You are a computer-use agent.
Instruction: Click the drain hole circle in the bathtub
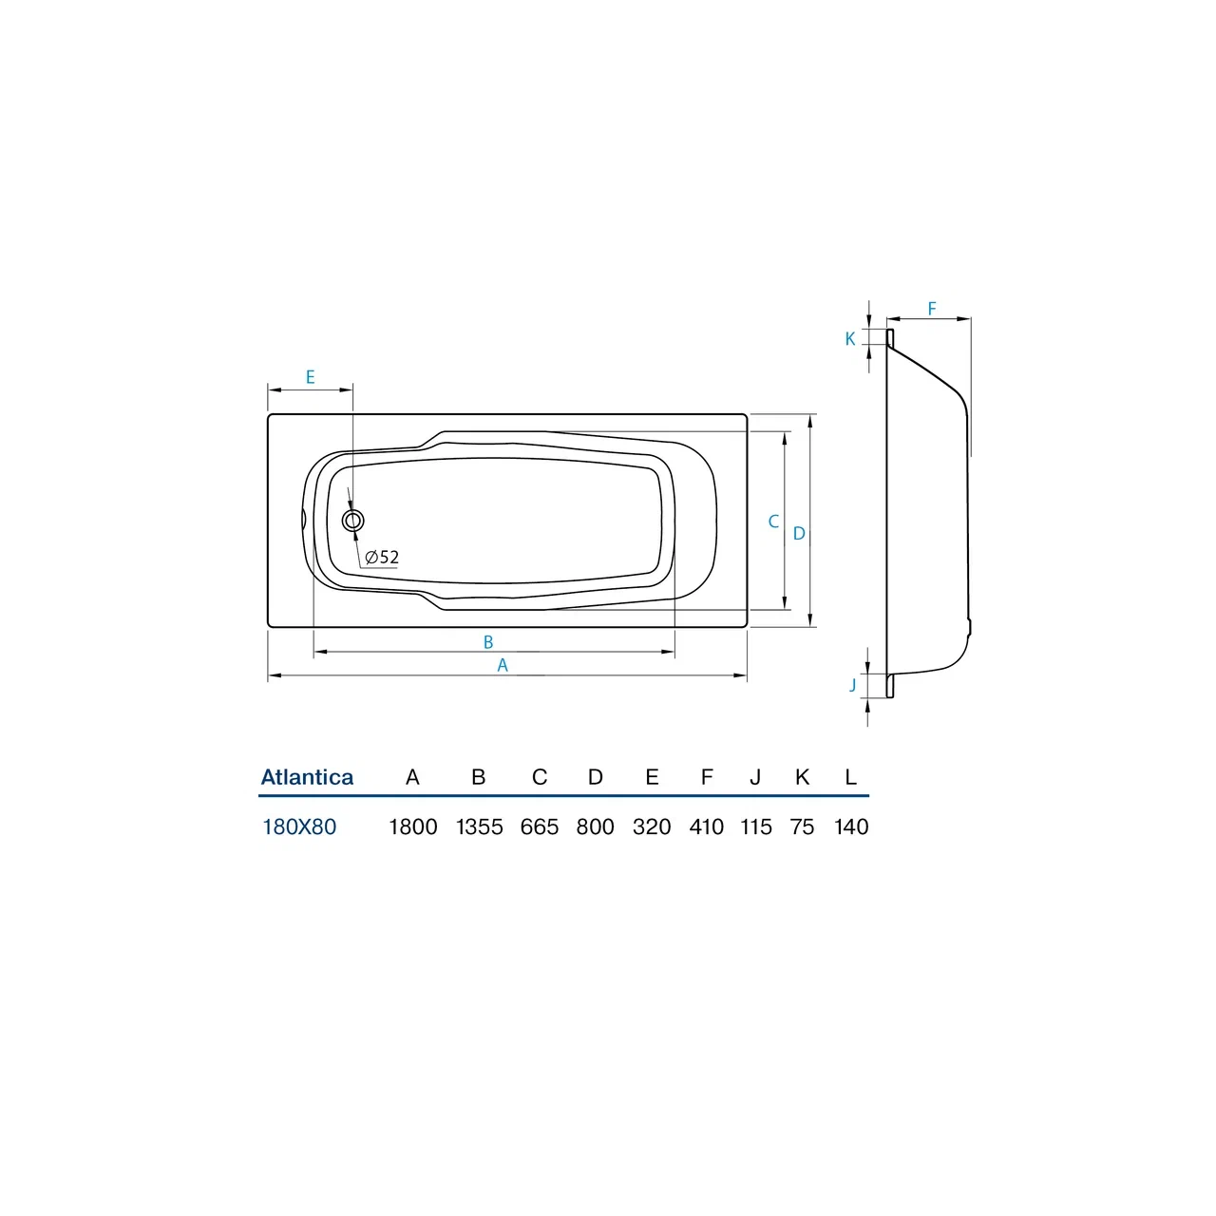(x=353, y=520)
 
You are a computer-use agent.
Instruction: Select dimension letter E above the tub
(x=310, y=377)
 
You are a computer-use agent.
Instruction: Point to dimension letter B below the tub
(x=488, y=642)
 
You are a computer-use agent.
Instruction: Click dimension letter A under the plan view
(x=503, y=666)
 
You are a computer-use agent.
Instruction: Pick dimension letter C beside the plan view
(x=773, y=522)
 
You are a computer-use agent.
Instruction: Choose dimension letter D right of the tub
(x=799, y=534)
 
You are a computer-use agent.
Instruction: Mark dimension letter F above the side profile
(x=932, y=309)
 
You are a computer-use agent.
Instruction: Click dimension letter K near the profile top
(x=850, y=339)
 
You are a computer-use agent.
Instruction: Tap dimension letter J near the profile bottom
(x=853, y=685)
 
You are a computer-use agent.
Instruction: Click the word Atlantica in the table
(x=307, y=777)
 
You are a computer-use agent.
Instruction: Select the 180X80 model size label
(x=299, y=826)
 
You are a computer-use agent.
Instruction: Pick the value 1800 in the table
(x=413, y=826)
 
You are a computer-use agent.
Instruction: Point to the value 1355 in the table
(x=480, y=826)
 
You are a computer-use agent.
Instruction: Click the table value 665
(x=540, y=826)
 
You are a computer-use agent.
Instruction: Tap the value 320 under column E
(x=652, y=826)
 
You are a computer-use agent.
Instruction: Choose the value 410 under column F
(x=707, y=826)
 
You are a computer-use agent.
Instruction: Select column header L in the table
(x=851, y=777)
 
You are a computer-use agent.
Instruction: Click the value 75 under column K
(x=802, y=826)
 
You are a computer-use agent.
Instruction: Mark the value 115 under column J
(x=756, y=826)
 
